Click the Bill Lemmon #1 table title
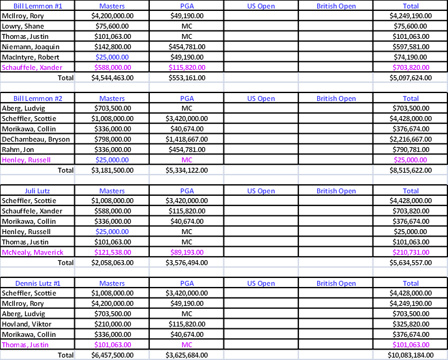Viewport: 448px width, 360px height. (38, 6)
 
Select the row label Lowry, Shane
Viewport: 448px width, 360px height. (23, 26)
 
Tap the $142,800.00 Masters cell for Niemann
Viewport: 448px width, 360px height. (113, 47)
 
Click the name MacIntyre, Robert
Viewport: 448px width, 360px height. (30, 57)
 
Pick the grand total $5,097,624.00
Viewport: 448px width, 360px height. (411, 78)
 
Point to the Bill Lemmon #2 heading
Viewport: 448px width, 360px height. (38, 99)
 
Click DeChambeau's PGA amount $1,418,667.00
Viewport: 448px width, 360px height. (187, 139)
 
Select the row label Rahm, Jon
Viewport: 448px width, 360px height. (18, 150)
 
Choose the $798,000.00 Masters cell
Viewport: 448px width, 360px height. (113, 139)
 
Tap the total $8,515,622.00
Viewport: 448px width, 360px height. (411, 170)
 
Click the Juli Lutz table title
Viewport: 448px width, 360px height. (37, 191)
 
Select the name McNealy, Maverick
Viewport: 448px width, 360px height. (33, 252)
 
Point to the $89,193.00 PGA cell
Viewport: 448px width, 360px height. (187, 252)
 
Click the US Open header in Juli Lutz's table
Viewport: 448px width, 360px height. (261, 191)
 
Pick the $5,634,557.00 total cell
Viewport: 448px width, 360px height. (411, 263)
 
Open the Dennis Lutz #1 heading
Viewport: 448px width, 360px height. (38, 283)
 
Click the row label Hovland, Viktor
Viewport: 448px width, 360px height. (27, 324)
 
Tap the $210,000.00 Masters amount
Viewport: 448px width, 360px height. (113, 324)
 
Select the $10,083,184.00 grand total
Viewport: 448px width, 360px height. (411, 355)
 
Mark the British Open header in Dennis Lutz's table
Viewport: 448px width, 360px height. (336, 283)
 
